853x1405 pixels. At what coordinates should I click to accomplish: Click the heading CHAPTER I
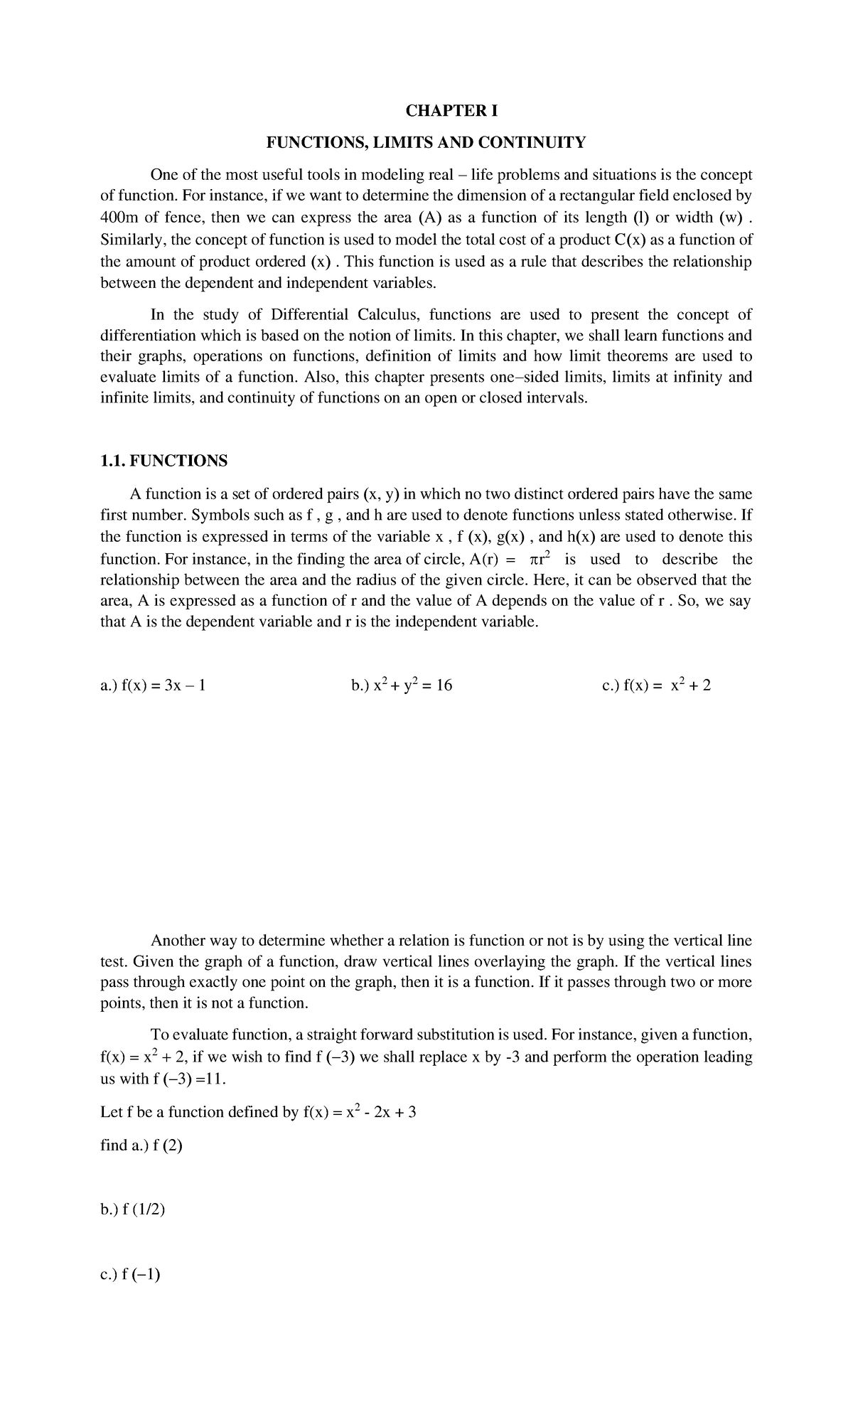451,111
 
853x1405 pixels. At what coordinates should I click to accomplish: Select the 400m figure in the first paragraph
120,217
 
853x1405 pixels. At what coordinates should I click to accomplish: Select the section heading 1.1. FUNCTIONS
164,461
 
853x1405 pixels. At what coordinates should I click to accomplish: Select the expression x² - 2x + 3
380,1112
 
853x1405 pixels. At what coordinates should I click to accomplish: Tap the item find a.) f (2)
142,1145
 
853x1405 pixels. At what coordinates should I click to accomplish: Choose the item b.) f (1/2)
133,1209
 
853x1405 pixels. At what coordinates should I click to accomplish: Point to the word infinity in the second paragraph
697,377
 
